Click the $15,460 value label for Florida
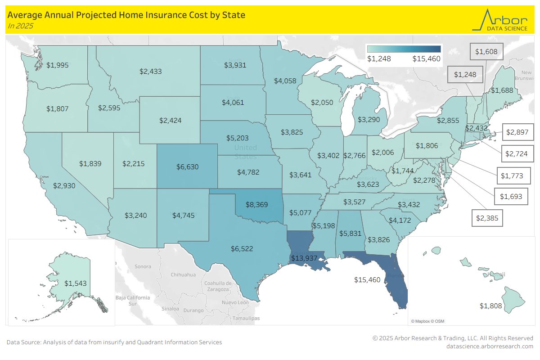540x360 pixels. click(x=367, y=280)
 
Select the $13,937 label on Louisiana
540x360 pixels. click(x=304, y=258)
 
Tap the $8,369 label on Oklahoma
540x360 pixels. click(x=256, y=204)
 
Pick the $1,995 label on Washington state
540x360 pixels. click(x=58, y=65)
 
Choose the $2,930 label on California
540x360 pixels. click(x=64, y=185)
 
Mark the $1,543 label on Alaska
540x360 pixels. click(x=75, y=283)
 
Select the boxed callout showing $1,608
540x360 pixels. click(x=486, y=52)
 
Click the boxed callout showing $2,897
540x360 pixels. click(x=516, y=132)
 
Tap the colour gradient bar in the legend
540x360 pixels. click(x=404, y=49)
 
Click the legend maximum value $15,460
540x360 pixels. click(x=426, y=58)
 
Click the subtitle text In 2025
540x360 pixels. click(x=20, y=26)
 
